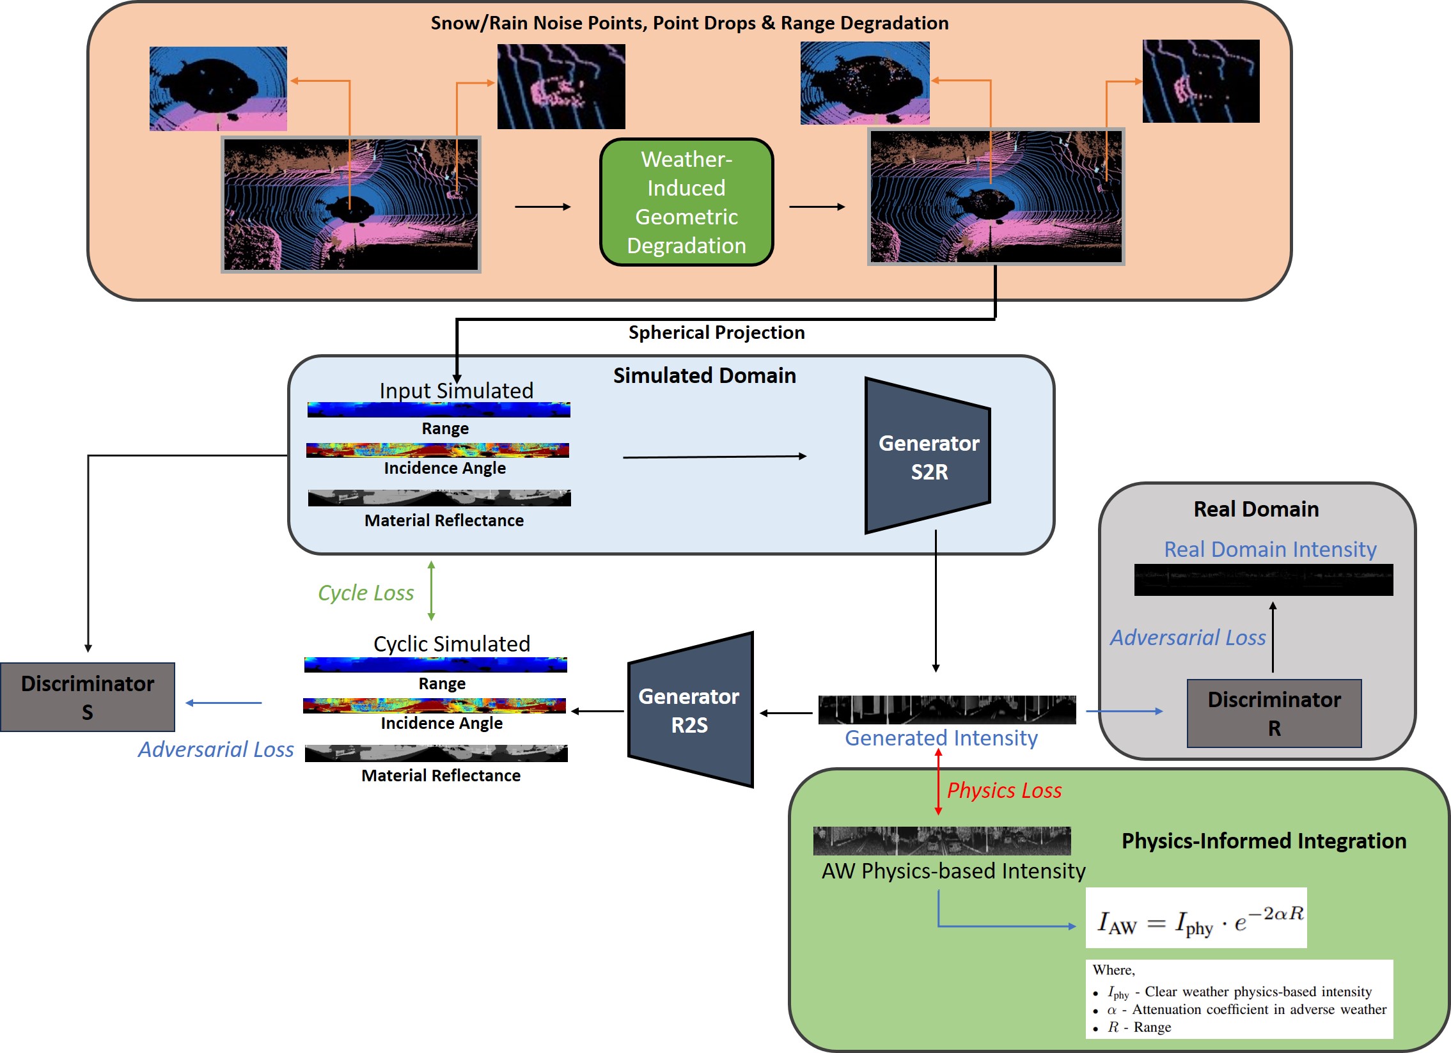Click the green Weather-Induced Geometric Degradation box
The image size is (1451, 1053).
click(686, 202)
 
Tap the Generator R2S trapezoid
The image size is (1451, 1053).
click(689, 710)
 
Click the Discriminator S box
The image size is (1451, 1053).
click(88, 698)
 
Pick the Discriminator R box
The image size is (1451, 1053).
click(1274, 714)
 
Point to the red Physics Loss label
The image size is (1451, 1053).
click(1004, 791)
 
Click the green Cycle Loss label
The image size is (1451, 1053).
click(366, 593)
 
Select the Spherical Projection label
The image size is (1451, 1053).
click(716, 332)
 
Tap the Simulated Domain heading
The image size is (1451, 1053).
click(704, 375)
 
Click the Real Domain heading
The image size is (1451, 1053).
click(1256, 509)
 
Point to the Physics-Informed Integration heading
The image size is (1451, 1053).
click(1264, 841)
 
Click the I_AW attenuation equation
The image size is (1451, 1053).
click(1196, 919)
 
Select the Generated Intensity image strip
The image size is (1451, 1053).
click(947, 710)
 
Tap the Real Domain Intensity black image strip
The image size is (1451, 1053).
click(1263, 580)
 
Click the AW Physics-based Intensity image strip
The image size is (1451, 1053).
click(942, 841)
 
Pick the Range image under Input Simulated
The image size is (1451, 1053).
click(439, 410)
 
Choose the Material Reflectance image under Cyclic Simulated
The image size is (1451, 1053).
click(436, 754)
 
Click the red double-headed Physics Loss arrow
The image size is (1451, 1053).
click(938, 782)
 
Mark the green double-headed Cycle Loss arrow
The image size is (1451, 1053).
click(431, 591)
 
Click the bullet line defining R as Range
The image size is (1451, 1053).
click(1139, 1027)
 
